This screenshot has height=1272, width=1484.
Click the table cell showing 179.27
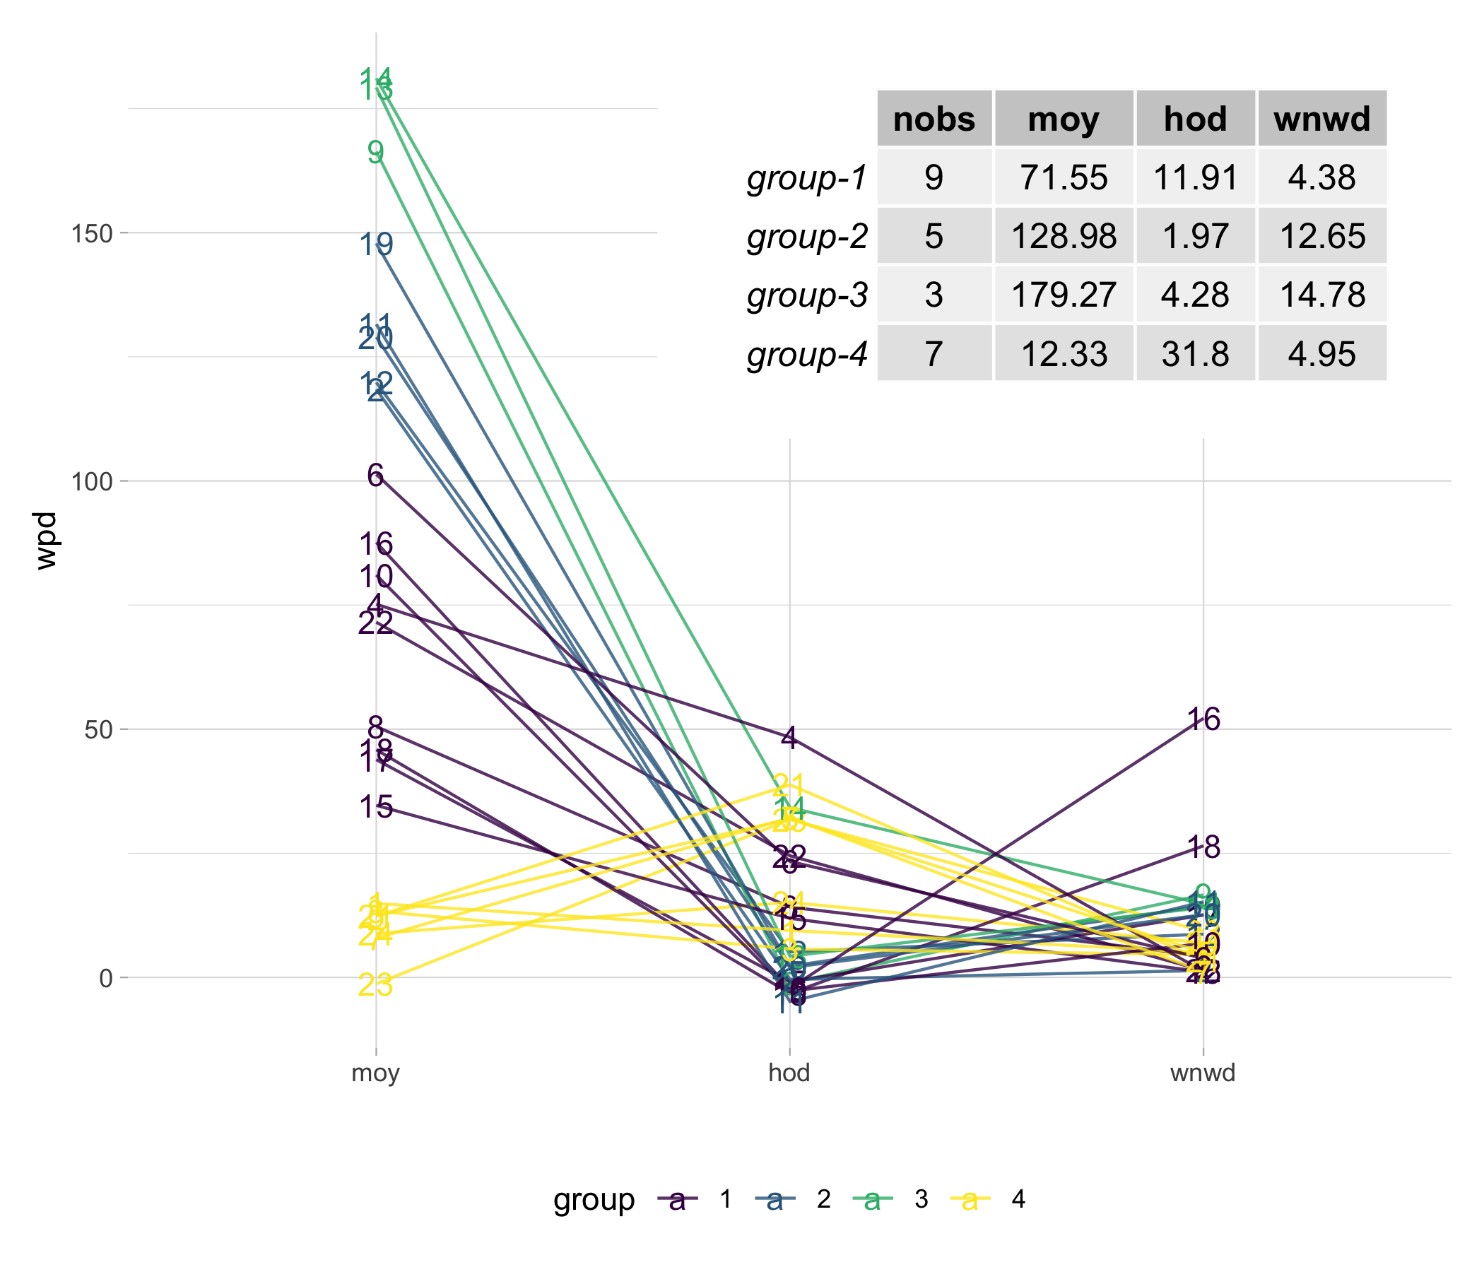pos(1063,295)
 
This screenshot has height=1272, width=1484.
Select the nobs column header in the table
pos(934,119)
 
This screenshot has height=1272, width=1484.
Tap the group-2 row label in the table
pos(807,236)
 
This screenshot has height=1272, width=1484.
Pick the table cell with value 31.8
pos(1195,354)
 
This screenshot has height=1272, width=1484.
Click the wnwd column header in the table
pos(1321,119)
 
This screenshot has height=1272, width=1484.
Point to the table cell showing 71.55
pos(1063,177)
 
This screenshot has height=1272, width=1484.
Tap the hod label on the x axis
pos(789,1073)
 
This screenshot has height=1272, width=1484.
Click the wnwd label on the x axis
pos(1203,1073)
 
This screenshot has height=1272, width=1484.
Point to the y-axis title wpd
pos(47,541)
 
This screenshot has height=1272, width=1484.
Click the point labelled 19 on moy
pos(376,246)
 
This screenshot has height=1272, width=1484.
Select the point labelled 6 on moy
pos(376,475)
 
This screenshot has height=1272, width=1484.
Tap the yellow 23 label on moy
pos(376,986)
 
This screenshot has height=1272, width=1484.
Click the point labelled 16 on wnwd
pos(1203,720)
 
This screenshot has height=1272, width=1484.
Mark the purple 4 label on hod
pos(789,738)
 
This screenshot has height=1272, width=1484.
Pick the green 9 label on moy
pos(376,152)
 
